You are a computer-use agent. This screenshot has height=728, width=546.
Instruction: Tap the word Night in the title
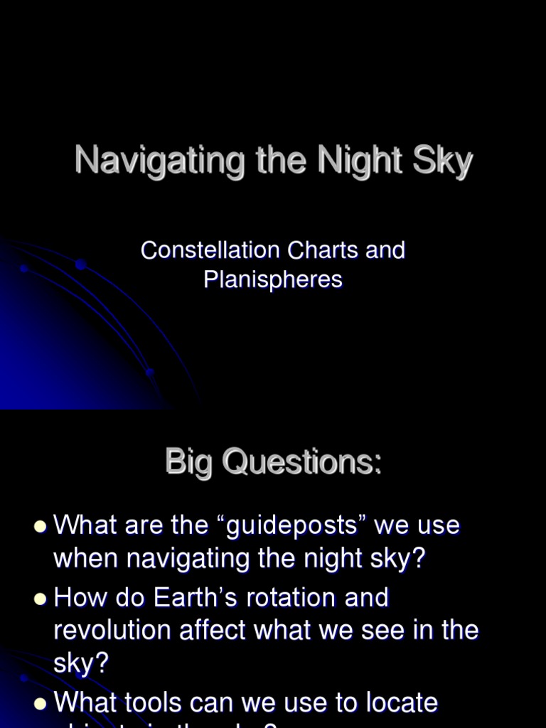tap(358, 160)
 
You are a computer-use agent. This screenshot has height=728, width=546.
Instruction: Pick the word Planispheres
tap(273, 279)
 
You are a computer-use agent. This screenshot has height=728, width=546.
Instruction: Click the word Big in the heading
tap(188, 463)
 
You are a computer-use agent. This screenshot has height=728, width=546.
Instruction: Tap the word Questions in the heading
tap(301, 463)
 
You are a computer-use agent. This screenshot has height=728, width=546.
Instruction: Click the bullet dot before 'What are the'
tap(40, 528)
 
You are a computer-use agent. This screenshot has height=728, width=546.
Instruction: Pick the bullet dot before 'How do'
tap(40, 599)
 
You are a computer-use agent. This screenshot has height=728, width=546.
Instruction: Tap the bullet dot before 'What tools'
tap(40, 704)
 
